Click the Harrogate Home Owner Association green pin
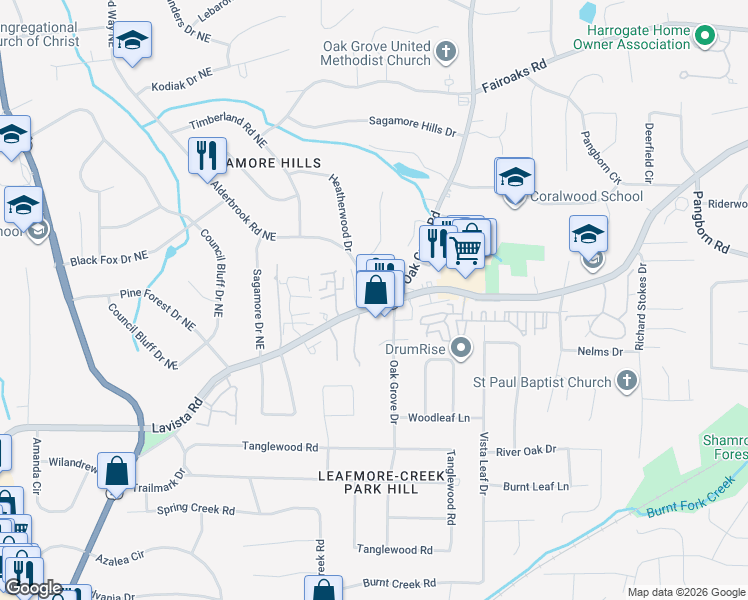coord(705,37)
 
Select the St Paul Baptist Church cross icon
coord(626,381)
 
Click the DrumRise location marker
coord(460,349)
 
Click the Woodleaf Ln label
coord(438,417)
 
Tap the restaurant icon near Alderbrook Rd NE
coord(207,156)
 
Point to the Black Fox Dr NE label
coord(108,258)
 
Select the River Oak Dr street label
coord(525,451)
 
